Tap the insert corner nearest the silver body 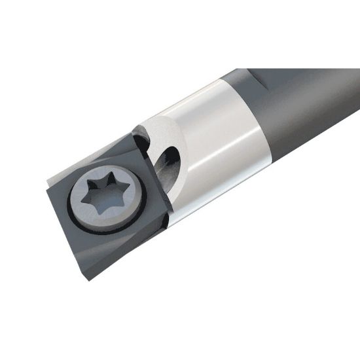(x=171, y=211)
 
